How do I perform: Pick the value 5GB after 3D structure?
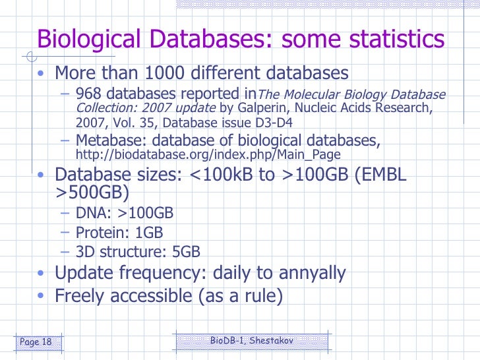pos(184,251)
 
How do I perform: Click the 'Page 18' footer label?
pos(37,342)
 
